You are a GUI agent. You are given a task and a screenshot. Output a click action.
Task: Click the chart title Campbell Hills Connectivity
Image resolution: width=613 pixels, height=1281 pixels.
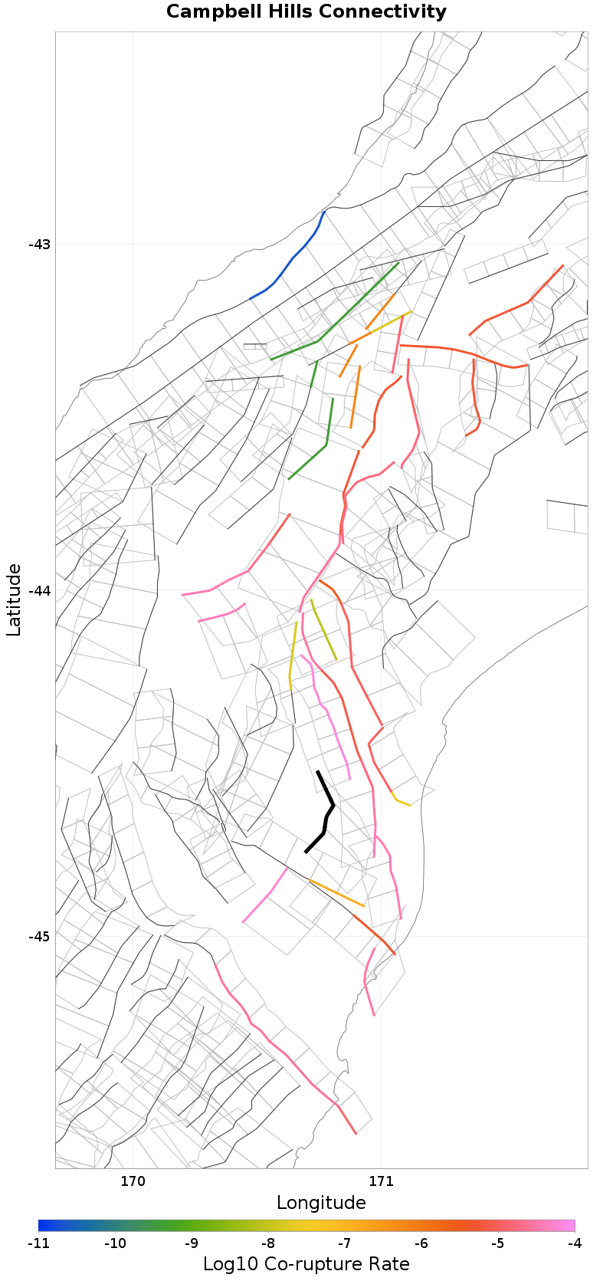click(306, 12)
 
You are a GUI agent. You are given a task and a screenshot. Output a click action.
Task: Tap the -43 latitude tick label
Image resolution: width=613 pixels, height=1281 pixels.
click(39, 245)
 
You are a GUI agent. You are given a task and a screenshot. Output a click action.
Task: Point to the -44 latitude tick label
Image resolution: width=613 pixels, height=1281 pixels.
click(39, 590)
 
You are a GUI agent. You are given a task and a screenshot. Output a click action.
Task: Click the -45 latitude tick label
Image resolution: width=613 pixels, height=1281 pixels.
click(39, 937)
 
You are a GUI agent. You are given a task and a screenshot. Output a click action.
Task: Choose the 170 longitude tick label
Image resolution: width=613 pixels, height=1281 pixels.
click(133, 1181)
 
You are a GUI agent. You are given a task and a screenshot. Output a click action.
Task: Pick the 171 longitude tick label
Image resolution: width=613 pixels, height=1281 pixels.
click(381, 1181)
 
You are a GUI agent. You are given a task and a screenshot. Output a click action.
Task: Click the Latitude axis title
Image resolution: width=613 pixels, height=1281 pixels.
click(14, 599)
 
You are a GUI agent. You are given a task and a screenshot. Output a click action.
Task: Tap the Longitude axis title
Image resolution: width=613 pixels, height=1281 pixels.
click(321, 1202)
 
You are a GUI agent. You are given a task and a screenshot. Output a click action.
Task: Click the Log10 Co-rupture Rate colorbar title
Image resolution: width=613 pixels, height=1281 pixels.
click(306, 1264)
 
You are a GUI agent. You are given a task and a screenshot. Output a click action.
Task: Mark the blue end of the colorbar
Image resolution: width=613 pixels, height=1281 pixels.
click(42, 1225)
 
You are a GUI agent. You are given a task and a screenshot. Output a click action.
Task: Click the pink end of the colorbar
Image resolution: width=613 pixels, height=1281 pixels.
click(571, 1225)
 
